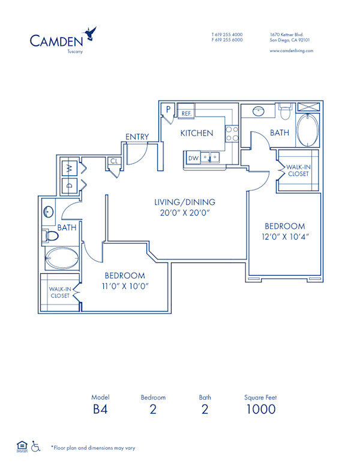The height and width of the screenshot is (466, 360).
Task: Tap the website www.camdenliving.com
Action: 291,51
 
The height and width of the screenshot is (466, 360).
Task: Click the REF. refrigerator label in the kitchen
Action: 186,113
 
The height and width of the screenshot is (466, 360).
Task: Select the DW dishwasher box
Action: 193,158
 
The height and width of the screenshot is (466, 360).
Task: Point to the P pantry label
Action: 169,110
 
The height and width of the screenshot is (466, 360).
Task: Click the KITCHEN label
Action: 197,133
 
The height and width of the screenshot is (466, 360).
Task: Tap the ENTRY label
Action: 137,137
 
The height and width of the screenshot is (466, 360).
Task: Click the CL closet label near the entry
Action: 113,161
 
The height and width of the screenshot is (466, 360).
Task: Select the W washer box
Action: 69,167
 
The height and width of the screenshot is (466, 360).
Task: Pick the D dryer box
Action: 69,186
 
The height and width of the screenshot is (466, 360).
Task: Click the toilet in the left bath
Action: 50,235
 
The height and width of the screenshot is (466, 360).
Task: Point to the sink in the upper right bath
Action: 259,112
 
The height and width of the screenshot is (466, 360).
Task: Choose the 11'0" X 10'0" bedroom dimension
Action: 125,286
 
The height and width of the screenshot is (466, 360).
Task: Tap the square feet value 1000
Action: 260,410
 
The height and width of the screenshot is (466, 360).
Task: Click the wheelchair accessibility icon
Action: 35,446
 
